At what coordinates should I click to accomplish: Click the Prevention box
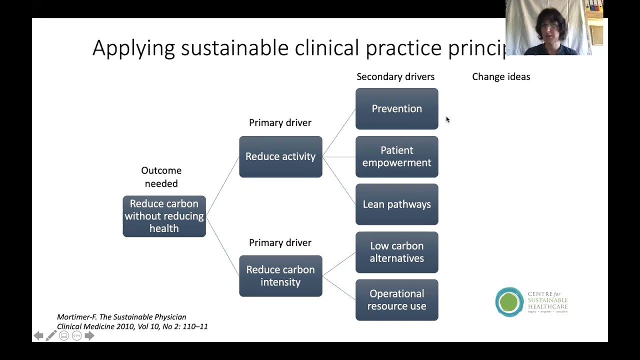tap(396, 108)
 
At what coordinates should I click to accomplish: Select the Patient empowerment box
tap(396, 156)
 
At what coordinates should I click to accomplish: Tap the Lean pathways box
tap(396, 204)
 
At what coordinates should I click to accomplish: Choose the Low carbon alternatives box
tap(396, 252)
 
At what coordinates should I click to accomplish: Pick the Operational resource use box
tap(396, 300)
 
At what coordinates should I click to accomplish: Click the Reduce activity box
tap(280, 156)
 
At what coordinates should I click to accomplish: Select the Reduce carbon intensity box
tap(280, 276)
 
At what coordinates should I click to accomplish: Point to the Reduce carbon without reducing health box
tap(164, 216)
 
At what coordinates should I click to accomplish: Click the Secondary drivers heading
tap(395, 76)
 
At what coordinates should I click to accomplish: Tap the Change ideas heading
tap(501, 76)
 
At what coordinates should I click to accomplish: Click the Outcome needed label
tap(161, 177)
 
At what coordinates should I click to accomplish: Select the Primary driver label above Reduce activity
tap(280, 122)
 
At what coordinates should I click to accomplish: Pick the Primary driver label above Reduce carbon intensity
tap(280, 242)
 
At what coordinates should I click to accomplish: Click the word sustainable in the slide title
tap(234, 48)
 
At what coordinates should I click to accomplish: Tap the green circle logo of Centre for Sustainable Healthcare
tap(509, 302)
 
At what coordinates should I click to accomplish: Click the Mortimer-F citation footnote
tap(132, 321)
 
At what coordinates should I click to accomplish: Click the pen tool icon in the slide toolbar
tap(51, 335)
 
